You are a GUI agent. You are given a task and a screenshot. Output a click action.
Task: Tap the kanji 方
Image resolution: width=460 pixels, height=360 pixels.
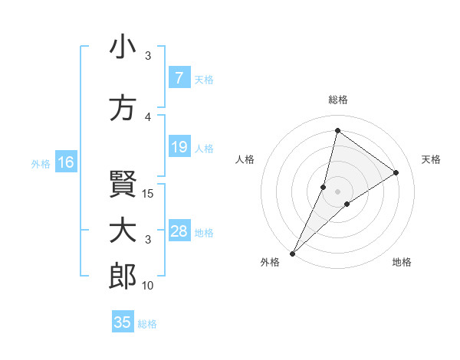pos(123,108)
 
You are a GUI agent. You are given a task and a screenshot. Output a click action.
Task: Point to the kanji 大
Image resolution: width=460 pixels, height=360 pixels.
pos(123,231)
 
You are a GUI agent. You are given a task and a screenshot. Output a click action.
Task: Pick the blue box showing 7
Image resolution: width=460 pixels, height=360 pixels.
pos(179,78)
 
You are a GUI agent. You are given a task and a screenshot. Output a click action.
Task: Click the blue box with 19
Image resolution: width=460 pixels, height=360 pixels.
pos(179,147)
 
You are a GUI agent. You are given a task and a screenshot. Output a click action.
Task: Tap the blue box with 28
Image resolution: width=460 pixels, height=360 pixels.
pos(179,231)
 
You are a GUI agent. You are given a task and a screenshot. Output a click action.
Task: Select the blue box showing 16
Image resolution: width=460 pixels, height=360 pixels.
pos(65,162)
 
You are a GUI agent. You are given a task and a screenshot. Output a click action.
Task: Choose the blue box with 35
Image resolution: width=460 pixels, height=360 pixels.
pos(123,322)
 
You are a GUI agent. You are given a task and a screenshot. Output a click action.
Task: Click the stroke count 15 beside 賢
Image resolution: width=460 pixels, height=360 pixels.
pos(149,193)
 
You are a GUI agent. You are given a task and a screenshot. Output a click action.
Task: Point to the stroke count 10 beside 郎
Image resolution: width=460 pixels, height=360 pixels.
pos(149,286)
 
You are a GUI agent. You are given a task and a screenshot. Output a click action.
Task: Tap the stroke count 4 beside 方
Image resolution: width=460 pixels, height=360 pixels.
pos(148,117)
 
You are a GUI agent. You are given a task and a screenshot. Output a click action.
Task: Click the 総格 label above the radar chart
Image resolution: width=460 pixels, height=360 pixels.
pos(337,100)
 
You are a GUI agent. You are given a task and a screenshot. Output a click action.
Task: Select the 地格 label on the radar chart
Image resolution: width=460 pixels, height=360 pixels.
pos(402,262)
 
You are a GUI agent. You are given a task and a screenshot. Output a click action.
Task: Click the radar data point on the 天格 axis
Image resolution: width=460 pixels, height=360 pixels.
pos(396,172)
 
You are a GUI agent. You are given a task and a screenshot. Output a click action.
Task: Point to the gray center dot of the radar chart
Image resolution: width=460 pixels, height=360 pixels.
pos(337,191)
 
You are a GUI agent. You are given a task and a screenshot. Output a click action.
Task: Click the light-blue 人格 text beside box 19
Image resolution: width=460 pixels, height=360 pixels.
pos(204,148)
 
